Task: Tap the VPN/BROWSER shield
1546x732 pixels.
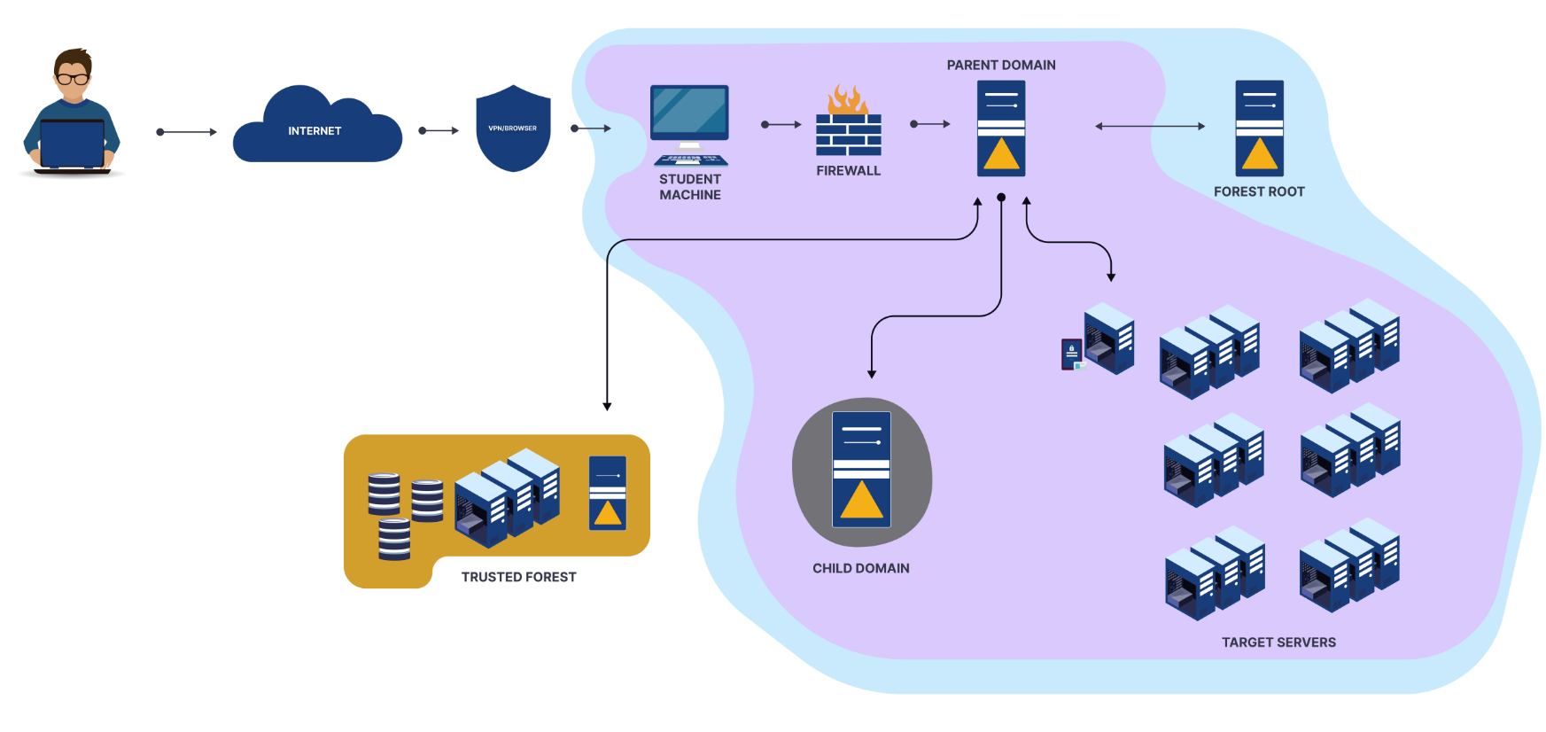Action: click(513, 128)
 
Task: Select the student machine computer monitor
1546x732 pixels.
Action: click(689, 113)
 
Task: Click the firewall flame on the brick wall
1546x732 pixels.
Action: click(847, 99)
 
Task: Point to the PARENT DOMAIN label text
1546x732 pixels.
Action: click(1001, 66)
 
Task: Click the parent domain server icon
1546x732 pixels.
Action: click(1001, 128)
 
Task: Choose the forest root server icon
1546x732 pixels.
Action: click(1259, 128)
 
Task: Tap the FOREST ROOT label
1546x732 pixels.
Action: click(1259, 191)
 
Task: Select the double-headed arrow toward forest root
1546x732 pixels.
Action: click(1150, 126)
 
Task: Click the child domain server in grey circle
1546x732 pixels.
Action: click(861, 470)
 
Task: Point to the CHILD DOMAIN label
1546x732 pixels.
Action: click(861, 569)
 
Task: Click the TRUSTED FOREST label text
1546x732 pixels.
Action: click(518, 577)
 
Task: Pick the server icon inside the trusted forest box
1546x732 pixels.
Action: click(608, 494)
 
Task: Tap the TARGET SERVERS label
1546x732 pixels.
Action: click(1278, 642)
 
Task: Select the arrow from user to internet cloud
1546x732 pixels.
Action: click(186, 132)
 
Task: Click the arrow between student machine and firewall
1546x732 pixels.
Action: click(781, 125)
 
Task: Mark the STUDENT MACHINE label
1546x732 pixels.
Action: click(690, 187)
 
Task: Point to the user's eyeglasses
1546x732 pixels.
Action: click(73, 79)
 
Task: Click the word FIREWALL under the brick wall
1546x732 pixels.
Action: click(848, 171)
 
